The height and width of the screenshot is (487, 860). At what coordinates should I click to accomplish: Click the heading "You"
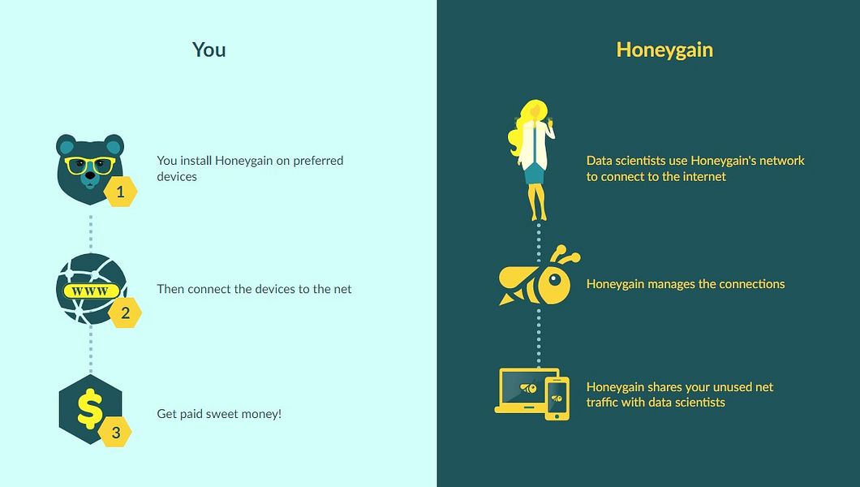tap(209, 50)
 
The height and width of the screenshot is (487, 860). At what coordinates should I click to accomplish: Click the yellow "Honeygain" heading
tap(664, 50)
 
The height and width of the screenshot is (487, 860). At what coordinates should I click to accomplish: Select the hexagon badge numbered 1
tap(121, 192)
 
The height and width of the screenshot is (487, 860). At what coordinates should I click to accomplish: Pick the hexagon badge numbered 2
tap(125, 312)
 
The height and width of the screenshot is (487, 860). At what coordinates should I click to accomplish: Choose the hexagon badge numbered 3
tap(115, 433)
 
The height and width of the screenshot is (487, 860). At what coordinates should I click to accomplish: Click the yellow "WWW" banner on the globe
tap(90, 291)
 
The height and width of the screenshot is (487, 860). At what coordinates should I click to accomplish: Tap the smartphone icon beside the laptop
tap(557, 399)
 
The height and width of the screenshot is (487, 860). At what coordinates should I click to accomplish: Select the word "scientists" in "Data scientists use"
tap(643, 161)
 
